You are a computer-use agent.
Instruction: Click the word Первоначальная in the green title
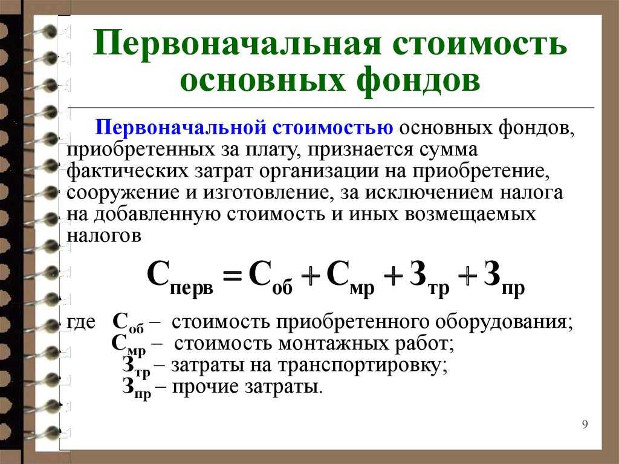pyautogui.click(x=237, y=44)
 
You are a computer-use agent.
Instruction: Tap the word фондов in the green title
pyautogui.click(x=418, y=81)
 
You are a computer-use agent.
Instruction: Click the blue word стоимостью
pyautogui.click(x=333, y=128)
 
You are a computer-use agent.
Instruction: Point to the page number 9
pyautogui.click(x=585, y=424)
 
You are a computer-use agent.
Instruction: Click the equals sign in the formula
pyautogui.click(x=232, y=275)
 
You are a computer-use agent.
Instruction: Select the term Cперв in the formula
pyautogui.click(x=180, y=277)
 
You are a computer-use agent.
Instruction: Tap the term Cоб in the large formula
pyautogui.click(x=271, y=277)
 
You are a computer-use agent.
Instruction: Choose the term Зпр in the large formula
pyautogui.click(x=504, y=277)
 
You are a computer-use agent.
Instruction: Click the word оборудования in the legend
pyautogui.click(x=504, y=322)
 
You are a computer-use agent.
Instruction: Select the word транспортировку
pyautogui.click(x=363, y=365)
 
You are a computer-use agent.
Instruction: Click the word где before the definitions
pyautogui.click(x=81, y=322)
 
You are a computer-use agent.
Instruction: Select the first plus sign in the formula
pyautogui.click(x=310, y=275)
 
